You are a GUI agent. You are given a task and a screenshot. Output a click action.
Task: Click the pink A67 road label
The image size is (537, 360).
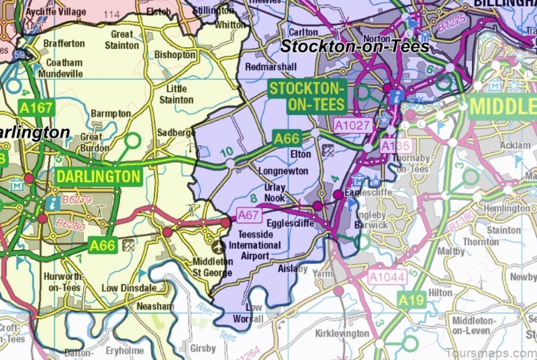(x=248, y=216)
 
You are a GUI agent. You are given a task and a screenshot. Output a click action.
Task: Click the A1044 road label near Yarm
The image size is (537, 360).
(x=387, y=275)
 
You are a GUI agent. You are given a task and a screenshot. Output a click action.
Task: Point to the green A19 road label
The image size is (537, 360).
(x=413, y=300)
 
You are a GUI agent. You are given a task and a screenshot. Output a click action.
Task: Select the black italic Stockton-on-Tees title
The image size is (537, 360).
(x=354, y=46)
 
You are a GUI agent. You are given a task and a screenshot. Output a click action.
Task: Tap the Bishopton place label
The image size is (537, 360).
(x=175, y=54)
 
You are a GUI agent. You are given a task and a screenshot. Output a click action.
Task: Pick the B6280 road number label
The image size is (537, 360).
(x=70, y=226)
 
